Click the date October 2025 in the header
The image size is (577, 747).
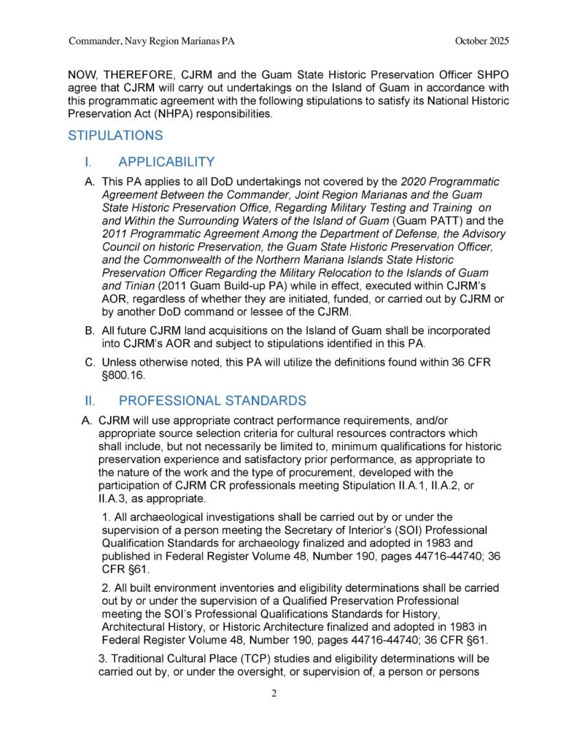point(481,42)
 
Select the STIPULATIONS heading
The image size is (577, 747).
point(115,136)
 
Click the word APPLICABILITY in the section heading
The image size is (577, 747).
point(166,162)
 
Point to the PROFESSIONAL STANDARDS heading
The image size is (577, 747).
point(212,400)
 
